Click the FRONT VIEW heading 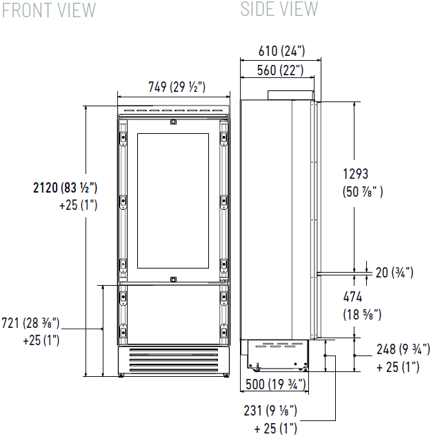[x=49, y=10]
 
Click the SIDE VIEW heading [x=279, y=9]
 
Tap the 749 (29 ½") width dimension [x=177, y=87]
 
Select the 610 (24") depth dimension [x=281, y=51]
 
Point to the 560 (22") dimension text [x=280, y=70]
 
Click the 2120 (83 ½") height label [x=65, y=188]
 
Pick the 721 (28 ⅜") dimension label [x=30, y=323]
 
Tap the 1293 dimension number [x=356, y=174]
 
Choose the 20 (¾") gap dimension [x=394, y=273]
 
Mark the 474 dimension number [x=352, y=297]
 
